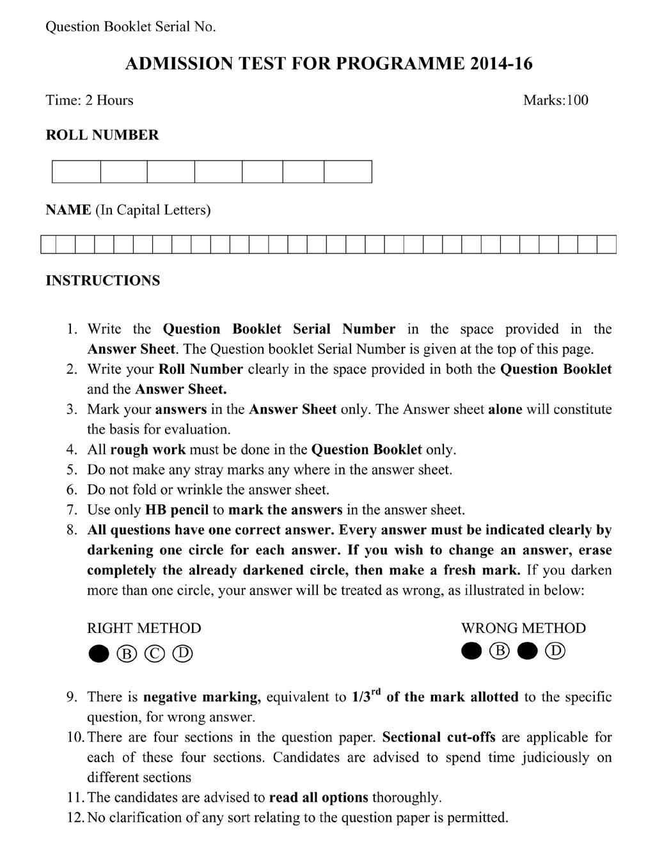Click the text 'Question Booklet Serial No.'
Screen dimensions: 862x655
click(x=130, y=27)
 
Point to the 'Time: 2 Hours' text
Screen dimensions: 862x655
click(x=90, y=100)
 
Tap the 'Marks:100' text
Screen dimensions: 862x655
click(x=555, y=100)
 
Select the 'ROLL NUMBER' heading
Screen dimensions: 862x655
click(x=102, y=135)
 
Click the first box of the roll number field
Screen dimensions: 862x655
click(x=76, y=172)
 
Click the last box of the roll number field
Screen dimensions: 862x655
click(x=348, y=172)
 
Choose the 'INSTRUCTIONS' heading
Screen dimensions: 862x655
click(x=103, y=280)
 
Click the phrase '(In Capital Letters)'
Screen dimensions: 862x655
click(x=153, y=210)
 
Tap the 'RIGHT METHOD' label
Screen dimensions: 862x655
click(x=144, y=628)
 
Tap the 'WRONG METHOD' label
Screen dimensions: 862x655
click(x=523, y=628)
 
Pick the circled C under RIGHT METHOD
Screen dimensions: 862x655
click(x=155, y=653)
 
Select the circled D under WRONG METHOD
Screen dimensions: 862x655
click(x=555, y=651)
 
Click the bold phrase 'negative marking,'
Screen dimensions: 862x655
click(x=202, y=697)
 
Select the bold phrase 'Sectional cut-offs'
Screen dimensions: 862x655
click(x=439, y=737)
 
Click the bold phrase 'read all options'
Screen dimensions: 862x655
click(x=319, y=798)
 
